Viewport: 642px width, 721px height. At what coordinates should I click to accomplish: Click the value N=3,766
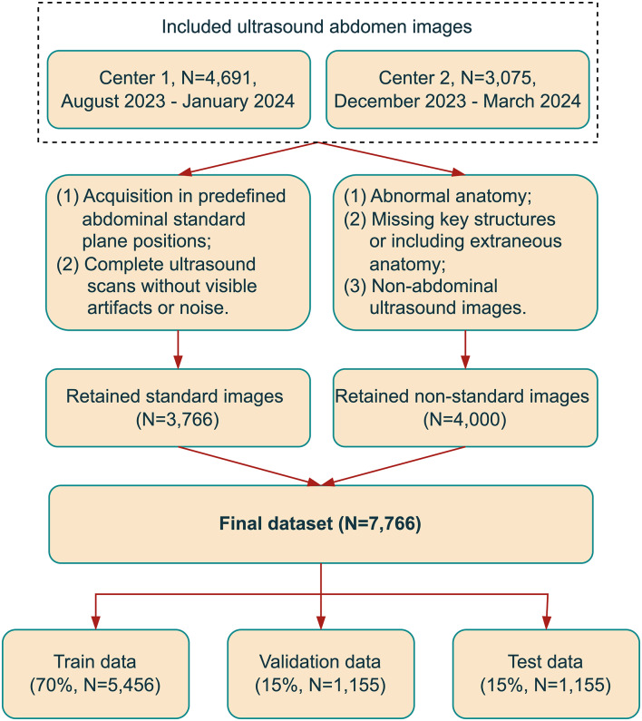(177, 420)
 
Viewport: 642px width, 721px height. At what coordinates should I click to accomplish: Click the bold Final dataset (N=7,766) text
(321, 523)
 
